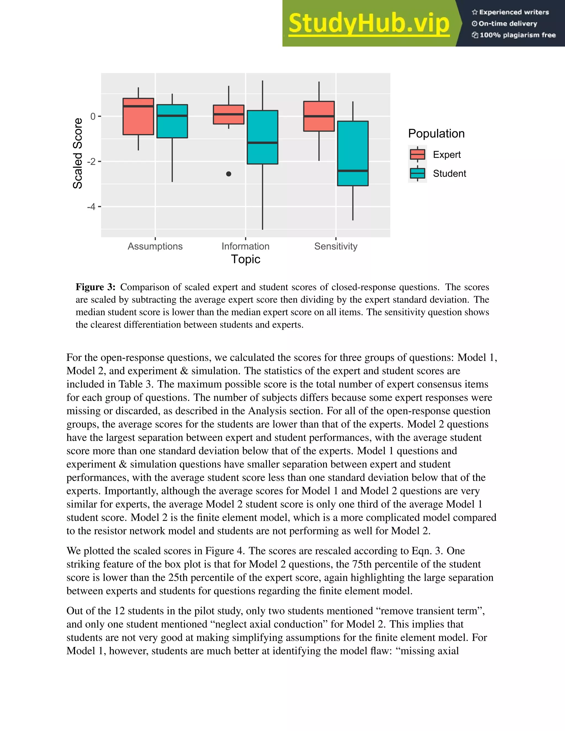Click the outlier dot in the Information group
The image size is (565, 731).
pos(229,174)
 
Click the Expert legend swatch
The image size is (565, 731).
pos(417,154)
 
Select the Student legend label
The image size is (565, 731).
pos(449,174)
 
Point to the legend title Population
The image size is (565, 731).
pos(436,134)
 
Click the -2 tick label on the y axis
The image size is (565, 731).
pos(91,162)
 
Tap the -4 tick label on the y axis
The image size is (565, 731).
pos(91,207)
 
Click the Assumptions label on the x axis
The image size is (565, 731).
pos(155,246)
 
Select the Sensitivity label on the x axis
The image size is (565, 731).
pos(336,246)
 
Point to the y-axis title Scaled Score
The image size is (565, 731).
pos(78,153)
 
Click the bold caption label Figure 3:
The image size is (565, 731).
pos(95,287)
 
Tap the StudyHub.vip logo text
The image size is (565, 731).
pos(369,23)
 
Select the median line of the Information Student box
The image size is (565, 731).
pos(262,143)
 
